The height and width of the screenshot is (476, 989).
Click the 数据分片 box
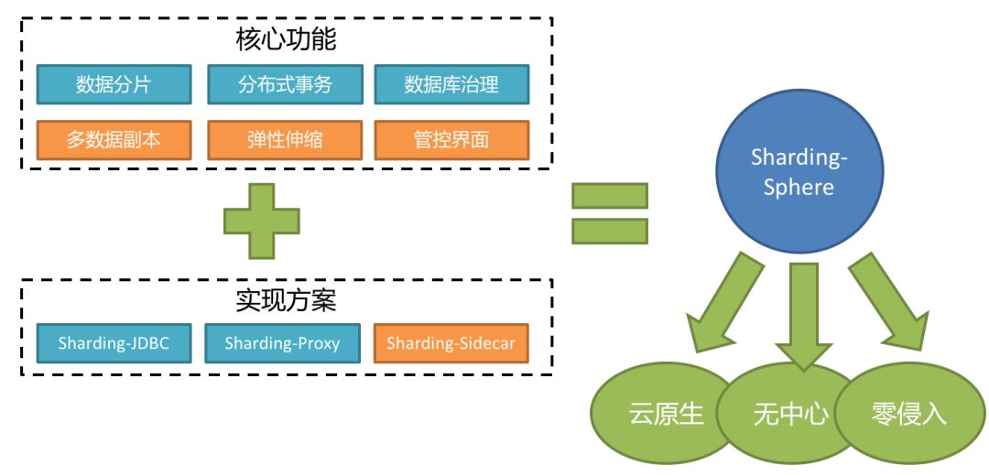[x=114, y=85]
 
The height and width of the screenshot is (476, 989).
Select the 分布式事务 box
[x=284, y=85]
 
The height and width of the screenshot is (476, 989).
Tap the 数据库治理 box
[x=451, y=85]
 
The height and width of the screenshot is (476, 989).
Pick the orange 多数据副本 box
[x=114, y=140]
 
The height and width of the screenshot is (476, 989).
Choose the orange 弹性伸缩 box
[x=284, y=140]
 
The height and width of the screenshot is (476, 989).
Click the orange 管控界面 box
[x=451, y=140]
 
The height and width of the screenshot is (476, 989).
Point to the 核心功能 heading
[x=286, y=40]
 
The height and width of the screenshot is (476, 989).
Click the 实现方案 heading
[x=286, y=299]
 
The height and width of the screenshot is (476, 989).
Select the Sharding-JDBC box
[x=114, y=343]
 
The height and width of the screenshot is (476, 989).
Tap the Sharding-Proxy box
[x=282, y=343]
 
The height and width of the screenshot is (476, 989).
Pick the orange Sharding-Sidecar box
[x=451, y=343]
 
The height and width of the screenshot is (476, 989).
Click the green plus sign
[x=262, y=221]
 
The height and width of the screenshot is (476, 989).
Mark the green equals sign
[x=609, y=213]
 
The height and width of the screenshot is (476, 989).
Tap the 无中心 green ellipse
[x=789, y=414]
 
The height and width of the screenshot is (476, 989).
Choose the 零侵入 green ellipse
[x=907, y=414]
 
